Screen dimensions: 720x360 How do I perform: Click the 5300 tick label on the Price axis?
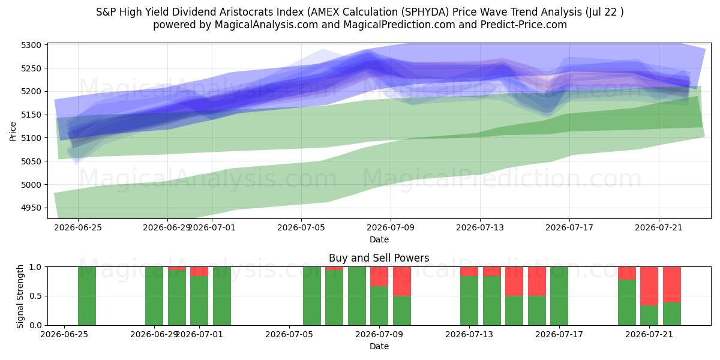click(x=31, y=45)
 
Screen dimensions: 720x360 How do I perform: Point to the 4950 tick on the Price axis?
click(x=31, y=208)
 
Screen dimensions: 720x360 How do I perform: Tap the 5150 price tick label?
click(x=31, y=115)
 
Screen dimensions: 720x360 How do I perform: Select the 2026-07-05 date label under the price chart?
click(x=301, y=227)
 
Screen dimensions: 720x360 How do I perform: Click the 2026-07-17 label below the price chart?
click(x=569, y=227)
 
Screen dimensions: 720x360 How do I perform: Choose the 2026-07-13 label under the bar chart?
click(x=469, y=335)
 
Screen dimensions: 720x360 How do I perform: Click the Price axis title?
click(x=13, y=131)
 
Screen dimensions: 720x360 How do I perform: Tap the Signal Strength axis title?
click(x=20, y=296)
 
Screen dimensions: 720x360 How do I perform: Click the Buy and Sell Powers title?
click(x=379, y=258)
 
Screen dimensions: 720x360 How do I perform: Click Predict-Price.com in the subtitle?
click(x=524, y=25)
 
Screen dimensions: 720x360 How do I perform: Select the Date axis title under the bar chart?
click(x=379, y=346)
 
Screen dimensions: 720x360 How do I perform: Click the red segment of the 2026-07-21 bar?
click(x=649, y=286)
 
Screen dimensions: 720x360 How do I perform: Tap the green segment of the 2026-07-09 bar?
click(x=379, y=305)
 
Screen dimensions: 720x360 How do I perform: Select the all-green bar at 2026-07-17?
click(x=559, y=296)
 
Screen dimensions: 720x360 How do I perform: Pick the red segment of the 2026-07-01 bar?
click(x=199, y=271)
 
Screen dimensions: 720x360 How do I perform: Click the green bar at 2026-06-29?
click(x=154, y=296)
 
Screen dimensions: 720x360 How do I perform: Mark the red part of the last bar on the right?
click(x=672, y=284)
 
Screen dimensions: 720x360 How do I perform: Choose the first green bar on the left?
click(x=87, y=296)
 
